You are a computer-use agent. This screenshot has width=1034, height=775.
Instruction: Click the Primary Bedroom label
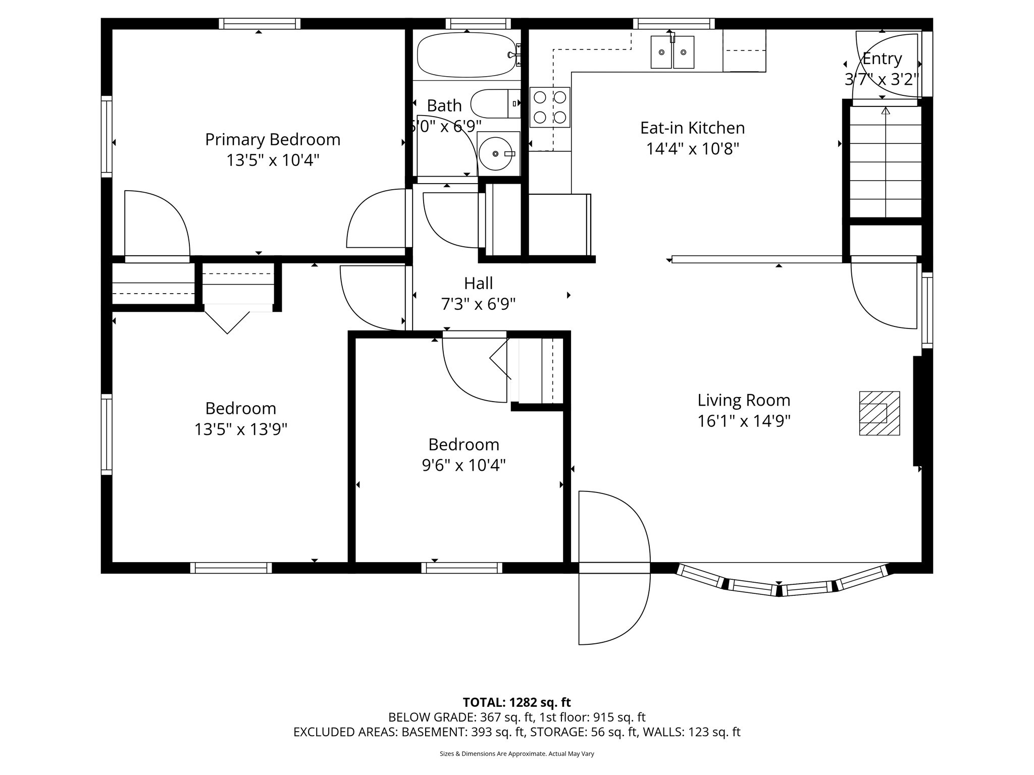[273, 139]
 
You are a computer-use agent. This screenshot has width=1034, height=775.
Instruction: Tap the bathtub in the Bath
[466, 55]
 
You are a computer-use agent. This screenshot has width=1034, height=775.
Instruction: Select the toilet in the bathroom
[495, 103]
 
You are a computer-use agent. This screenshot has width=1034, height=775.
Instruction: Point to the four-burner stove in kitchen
[550, 107]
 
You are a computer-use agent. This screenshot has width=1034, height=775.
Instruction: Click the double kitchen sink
[672, 52]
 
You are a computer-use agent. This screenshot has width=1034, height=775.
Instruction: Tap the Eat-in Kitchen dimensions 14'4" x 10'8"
[693, 149]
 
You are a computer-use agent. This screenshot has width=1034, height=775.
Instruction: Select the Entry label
[882, 59]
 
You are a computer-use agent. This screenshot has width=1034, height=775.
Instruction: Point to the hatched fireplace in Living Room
[880, 413]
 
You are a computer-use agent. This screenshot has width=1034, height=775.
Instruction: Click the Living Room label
[744, 400]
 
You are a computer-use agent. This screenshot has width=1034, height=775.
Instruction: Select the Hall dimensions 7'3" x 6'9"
[478, 304]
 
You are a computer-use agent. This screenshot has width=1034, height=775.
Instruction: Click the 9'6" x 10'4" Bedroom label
[464, 445]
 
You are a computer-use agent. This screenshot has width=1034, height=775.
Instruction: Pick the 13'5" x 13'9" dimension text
[241, 429]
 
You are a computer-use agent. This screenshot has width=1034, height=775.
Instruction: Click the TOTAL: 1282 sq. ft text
[516, 702]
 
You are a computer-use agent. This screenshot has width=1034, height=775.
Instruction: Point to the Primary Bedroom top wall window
[260, 24]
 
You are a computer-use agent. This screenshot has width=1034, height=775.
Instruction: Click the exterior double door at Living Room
[614, 568]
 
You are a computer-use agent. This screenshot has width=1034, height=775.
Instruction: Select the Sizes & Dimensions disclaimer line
[516, 754]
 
